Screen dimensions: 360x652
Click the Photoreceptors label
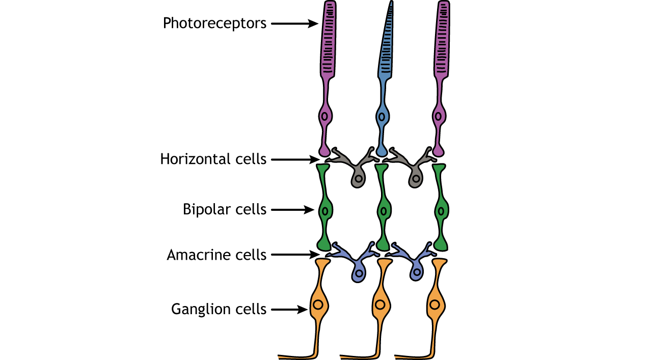click(214, 23)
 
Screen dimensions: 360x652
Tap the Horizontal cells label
click(213, 159)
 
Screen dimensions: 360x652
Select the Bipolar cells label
click(225, 209)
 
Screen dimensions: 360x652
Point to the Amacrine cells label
click(216, 255)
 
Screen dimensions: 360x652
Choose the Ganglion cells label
click(219, 309)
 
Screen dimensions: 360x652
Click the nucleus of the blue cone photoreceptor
click(381, 117)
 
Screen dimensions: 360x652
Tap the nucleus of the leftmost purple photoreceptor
click(324, 117)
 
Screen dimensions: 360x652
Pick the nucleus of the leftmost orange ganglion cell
click(318, 305)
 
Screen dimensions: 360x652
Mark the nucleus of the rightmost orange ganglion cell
click(434, 305)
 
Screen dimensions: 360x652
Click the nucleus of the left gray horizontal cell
click(359, 179)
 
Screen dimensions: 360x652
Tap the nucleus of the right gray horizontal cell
click(417, 179)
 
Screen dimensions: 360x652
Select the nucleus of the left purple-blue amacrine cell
click(360, 273)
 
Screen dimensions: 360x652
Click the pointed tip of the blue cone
click(391, 3)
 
